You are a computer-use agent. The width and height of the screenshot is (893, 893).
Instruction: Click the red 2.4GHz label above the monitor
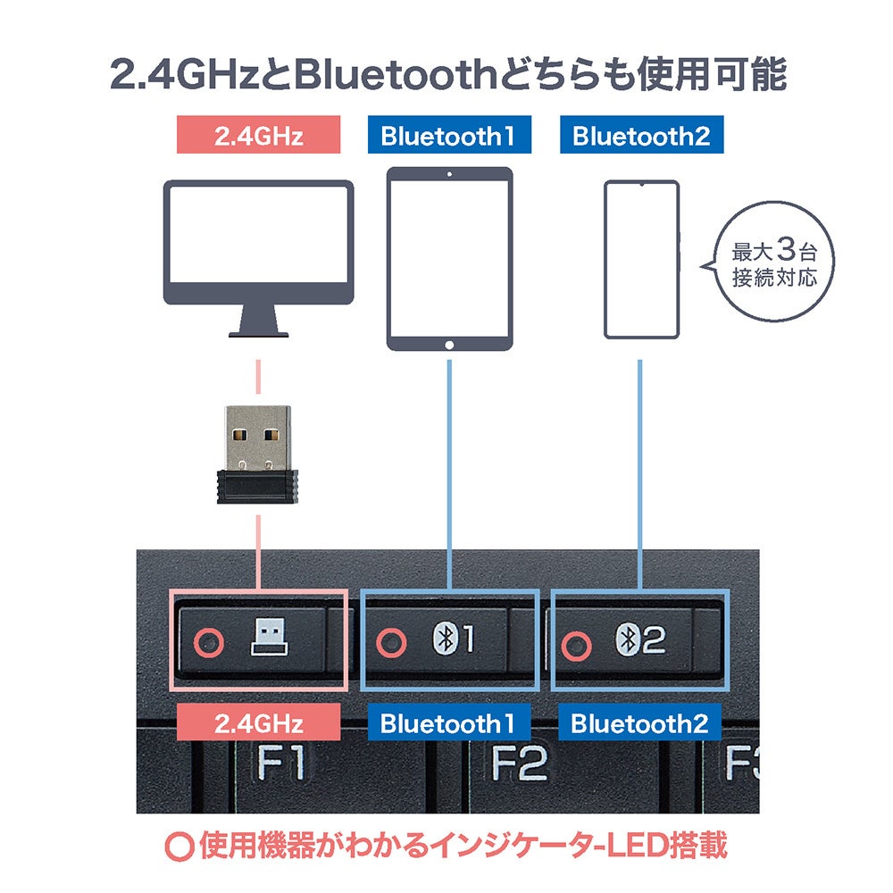point(259,137)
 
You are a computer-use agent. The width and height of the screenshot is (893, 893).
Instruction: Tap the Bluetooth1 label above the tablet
point(448,137)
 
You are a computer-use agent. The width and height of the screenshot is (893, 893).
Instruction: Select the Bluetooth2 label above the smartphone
point(640,137)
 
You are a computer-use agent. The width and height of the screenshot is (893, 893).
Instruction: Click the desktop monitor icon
point(259,255)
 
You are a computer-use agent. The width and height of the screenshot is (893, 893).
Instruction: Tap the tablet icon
point(449,259)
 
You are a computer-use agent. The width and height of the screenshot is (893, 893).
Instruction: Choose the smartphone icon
point(641,260)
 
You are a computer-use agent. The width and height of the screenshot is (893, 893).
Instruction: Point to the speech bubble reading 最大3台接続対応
point(773,263)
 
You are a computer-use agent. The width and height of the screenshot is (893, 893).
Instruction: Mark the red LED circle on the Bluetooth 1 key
point(390,641)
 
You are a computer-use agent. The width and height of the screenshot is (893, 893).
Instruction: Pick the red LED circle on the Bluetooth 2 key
point(578,643)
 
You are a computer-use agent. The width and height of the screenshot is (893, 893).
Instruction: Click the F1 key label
point(280,763)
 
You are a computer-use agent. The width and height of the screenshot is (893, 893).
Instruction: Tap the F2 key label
point(520,763)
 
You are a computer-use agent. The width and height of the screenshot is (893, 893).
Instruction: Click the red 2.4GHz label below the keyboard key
point(259,722)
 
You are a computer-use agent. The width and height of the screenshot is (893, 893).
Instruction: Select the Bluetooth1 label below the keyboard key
point(449,722)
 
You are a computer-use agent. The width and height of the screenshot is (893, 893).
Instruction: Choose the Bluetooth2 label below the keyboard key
point(640,722)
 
